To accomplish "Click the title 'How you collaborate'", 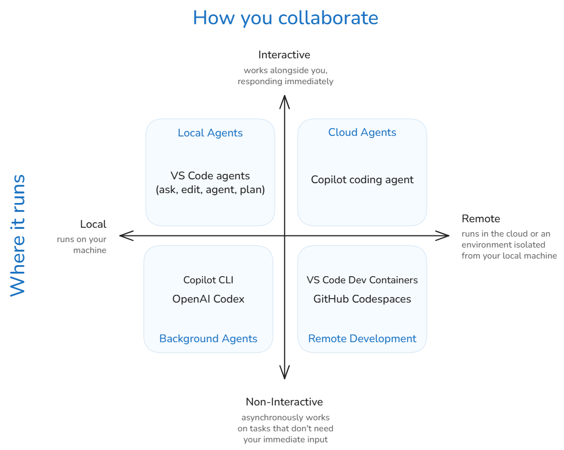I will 285,18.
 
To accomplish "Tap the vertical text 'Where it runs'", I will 18,235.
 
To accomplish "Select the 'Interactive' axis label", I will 284,54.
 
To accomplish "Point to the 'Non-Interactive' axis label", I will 284,402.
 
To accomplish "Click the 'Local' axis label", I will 93,224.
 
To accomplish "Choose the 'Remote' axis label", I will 480,218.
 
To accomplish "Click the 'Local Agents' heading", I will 210,133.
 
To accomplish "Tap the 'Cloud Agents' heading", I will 362,133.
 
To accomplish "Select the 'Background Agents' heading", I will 208,338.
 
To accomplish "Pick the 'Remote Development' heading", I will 362,338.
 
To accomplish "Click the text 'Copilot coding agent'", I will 362,180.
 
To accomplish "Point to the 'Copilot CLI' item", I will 208,280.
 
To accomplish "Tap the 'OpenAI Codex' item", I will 208,299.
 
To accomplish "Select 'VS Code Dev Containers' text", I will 362,280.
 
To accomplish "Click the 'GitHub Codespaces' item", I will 362,299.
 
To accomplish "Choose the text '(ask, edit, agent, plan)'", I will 210,190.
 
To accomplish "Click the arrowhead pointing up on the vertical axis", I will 284,100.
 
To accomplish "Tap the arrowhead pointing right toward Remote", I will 445,235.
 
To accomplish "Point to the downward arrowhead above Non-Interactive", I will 284,375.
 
